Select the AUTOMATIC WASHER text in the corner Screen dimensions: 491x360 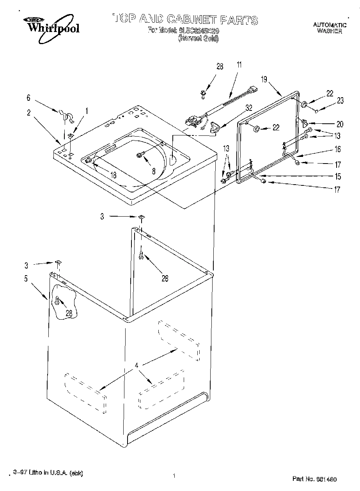[330, 28]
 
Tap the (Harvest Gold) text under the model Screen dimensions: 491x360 [198, 38]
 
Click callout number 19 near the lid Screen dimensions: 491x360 [264, 80]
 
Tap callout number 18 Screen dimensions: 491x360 [113, 175]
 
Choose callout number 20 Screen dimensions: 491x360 [339, 124]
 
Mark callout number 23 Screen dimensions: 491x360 [340, 101]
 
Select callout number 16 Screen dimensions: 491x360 [337, 149]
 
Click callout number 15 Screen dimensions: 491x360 [337, 176]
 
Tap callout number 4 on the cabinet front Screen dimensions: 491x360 [137, 366]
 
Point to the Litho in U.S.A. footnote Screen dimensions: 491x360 [48, 473]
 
